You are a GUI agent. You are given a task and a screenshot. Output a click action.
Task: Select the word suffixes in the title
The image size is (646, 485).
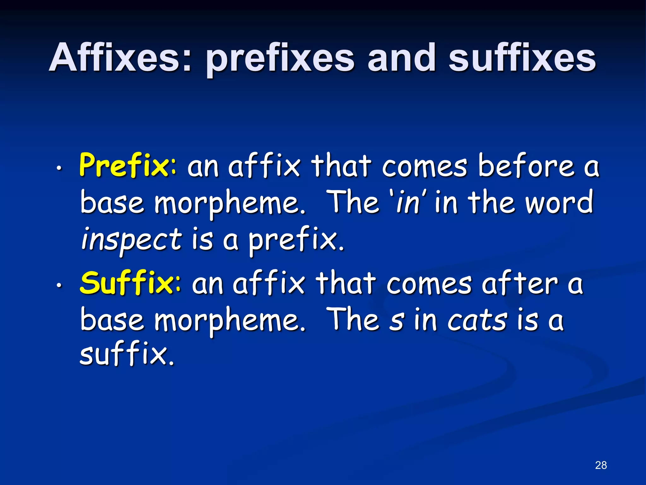pyautogui.click(x=522, y=58)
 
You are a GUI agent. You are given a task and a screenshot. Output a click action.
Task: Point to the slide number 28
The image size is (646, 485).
pyautogui.click(x=601, y=465)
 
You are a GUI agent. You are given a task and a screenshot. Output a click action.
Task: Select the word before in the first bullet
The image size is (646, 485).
pyautogui.click(x=525, y=166)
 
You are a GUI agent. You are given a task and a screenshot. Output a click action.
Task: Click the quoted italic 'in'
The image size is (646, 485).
pyautogui.click(x=408, y=202)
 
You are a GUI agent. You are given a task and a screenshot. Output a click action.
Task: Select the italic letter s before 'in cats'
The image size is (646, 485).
pyautogui.click(x=396, y=321)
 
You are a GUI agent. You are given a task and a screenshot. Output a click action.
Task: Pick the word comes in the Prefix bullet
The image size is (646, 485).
pyautogui.click(x=424, y=166)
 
